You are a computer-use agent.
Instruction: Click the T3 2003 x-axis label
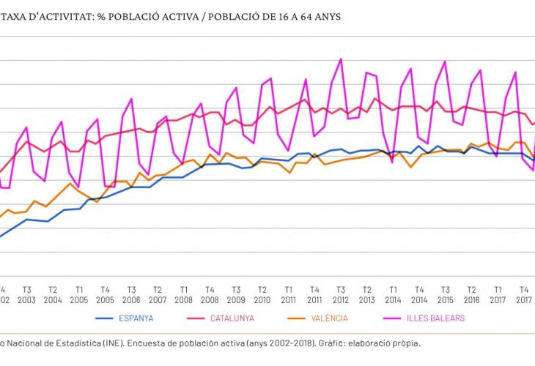26,294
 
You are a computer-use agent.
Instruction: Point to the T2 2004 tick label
53,294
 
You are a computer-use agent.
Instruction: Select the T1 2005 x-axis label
79,294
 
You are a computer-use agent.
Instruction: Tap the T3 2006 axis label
131,294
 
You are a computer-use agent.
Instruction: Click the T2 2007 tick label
158,294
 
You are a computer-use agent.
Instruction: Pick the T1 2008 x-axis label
184,294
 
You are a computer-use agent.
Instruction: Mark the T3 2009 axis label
236,294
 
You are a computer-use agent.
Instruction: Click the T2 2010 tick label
262,294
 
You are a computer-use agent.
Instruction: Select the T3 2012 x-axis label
341,294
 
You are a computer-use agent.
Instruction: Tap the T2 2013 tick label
367,294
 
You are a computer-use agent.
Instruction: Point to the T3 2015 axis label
446,294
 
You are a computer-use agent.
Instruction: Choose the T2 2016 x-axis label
472,294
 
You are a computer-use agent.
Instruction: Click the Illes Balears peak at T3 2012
341,59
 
